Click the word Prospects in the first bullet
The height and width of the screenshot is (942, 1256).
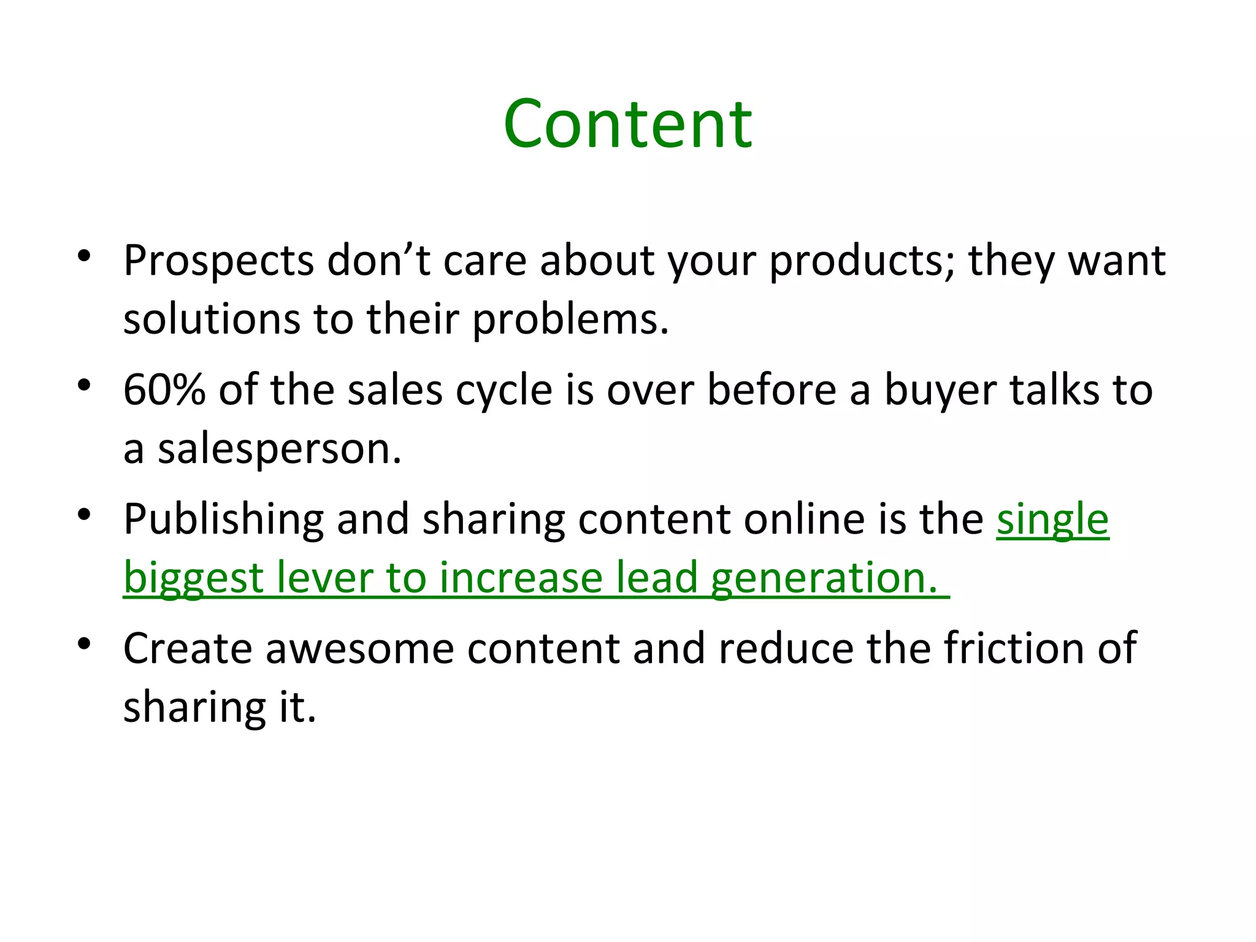[219, 262]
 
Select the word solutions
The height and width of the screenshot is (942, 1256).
[212, 320]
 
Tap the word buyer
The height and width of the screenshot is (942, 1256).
[940, 391]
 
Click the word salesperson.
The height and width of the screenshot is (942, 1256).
[279, 450]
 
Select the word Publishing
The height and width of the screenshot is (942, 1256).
[223, 520]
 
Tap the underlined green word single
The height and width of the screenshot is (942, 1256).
[1052, 520]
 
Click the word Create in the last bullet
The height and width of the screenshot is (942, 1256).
[188, 648]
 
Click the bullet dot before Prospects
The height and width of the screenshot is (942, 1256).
[85, 256]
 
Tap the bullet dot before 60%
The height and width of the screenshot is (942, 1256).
[85, 385]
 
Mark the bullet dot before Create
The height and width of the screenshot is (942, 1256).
[85, 643]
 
